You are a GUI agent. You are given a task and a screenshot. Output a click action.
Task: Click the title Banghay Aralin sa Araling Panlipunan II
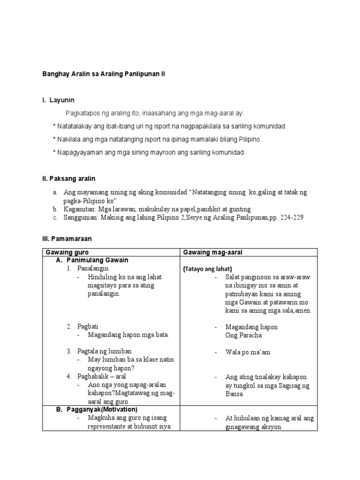(104, 74)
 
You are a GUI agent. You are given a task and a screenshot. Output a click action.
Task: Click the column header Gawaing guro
(67, 252)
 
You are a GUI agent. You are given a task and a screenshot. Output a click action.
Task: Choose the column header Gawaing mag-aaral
(212, 252)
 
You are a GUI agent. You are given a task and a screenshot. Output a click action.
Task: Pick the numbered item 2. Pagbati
(82, 326)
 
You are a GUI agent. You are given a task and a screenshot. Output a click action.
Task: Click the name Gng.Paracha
(244, 336)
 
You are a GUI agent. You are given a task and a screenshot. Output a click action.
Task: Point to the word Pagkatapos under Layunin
(83, 113)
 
